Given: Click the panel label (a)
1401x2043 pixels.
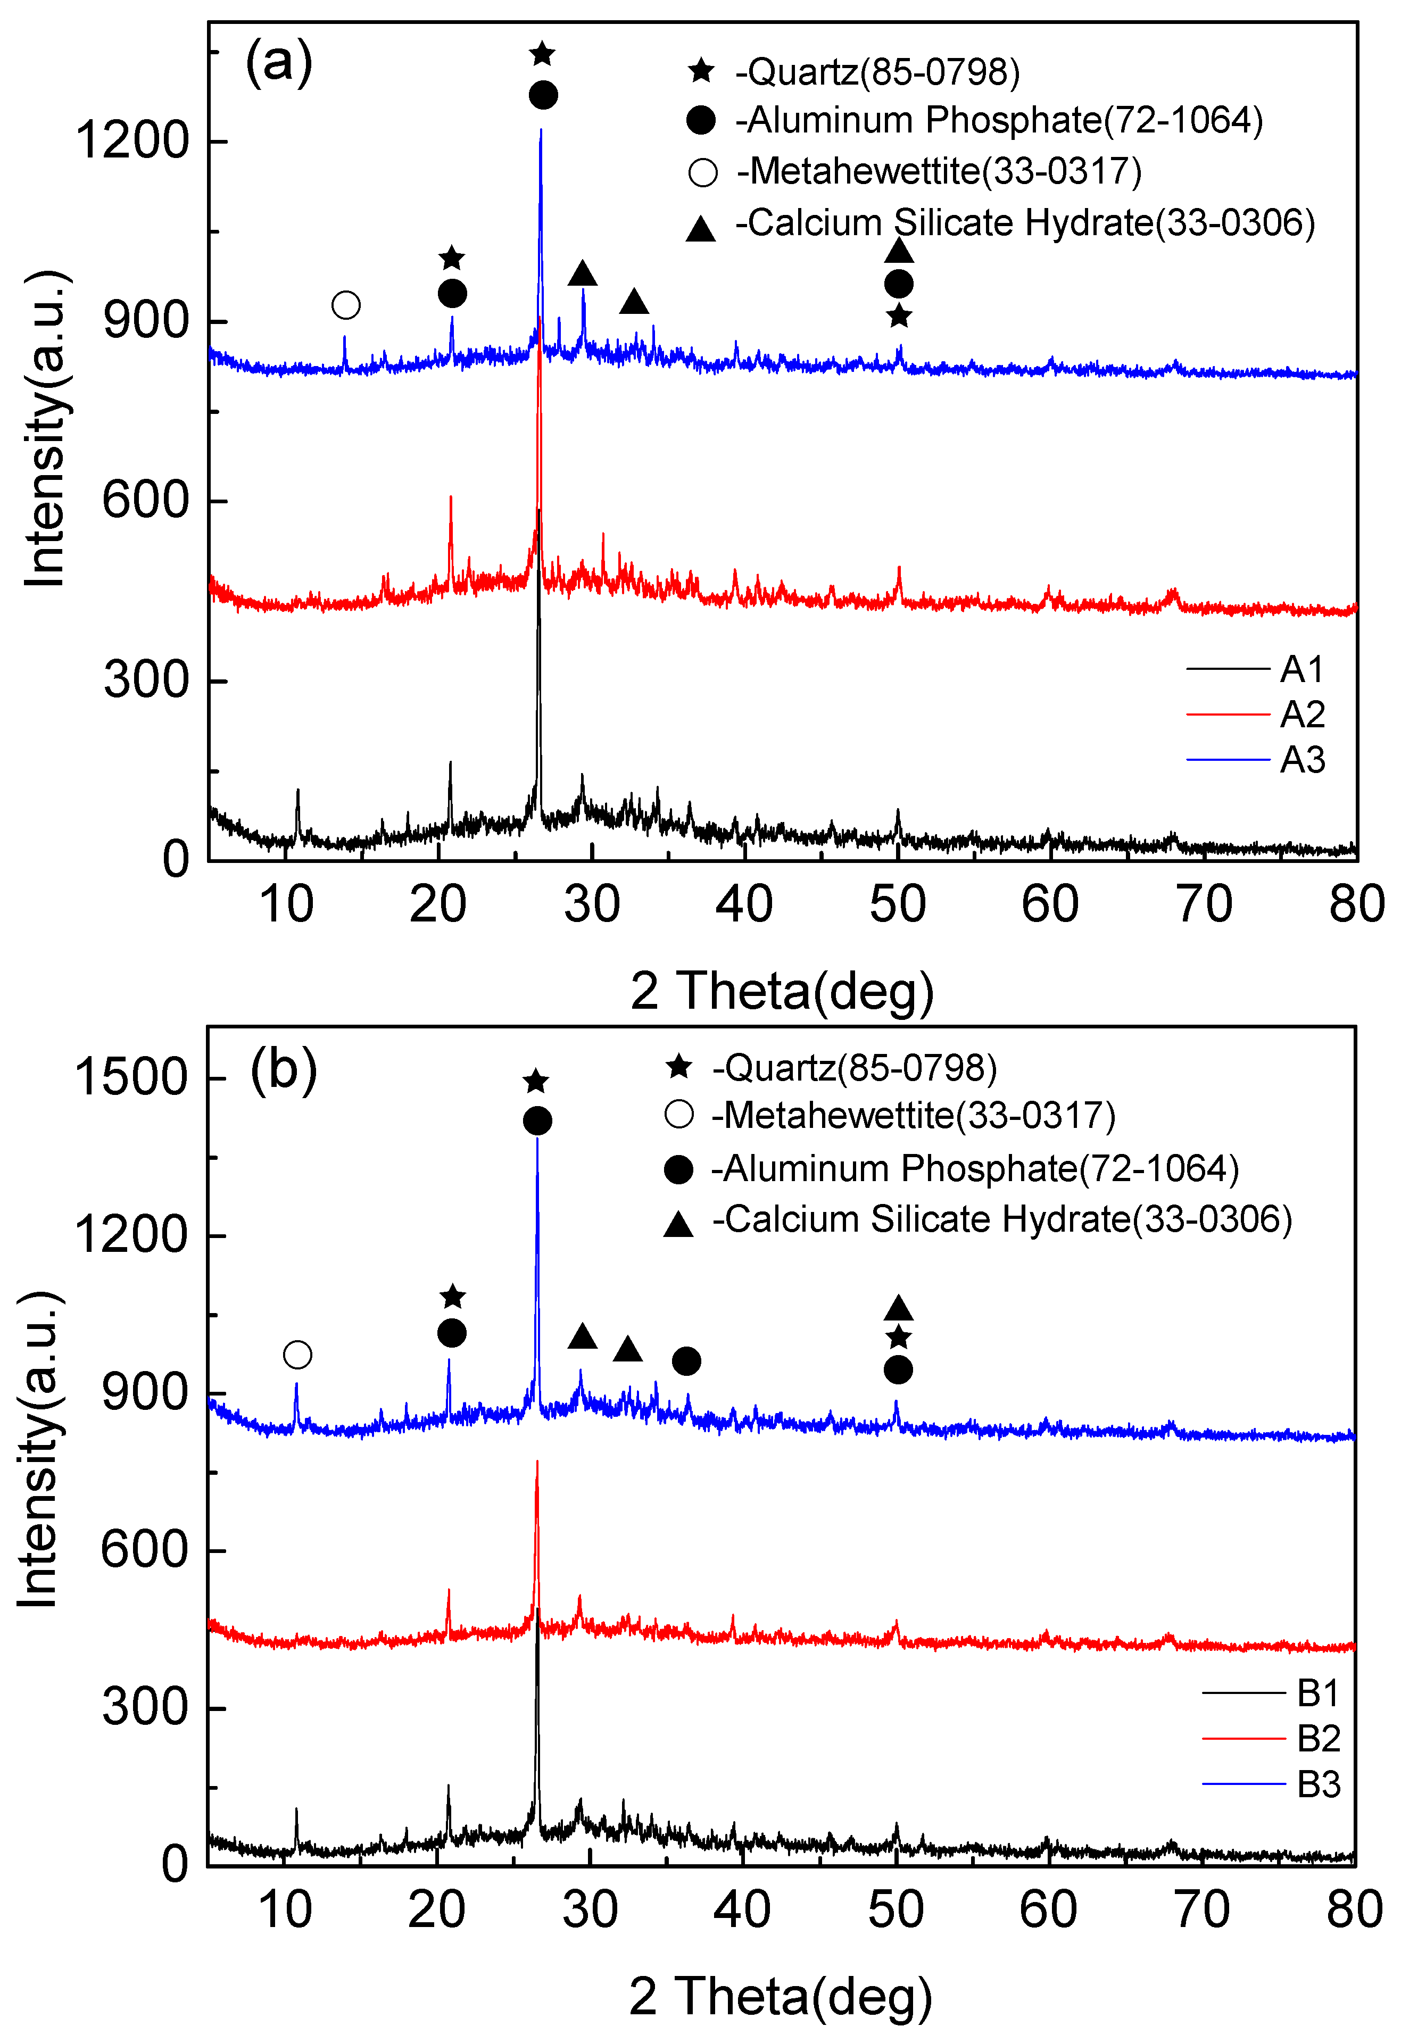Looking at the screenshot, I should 279,62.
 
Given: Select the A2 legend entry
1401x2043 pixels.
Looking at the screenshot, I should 1301,715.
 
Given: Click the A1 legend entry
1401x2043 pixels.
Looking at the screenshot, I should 1301,670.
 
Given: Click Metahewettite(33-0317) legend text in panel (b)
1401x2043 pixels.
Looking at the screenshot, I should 913,1116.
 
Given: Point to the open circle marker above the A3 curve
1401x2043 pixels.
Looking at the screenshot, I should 346,305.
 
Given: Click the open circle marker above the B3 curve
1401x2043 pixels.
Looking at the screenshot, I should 297,1355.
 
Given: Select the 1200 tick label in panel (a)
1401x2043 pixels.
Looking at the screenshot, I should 132,140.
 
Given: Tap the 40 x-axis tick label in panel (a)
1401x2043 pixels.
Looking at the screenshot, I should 743,904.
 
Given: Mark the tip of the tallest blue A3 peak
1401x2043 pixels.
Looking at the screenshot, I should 541,130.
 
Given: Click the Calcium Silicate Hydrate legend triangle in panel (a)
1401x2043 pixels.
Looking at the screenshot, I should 700,229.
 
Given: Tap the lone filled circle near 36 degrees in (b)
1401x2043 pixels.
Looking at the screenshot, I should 686,1361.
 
